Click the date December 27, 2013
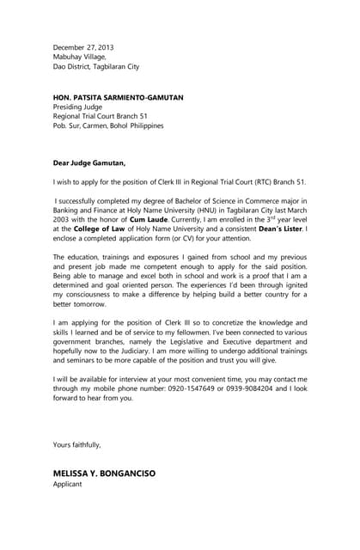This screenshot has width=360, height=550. click(83, 47)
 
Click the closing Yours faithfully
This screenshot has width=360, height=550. click(77, 444)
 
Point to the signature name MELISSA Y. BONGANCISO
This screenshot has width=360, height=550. click(104, 474)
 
